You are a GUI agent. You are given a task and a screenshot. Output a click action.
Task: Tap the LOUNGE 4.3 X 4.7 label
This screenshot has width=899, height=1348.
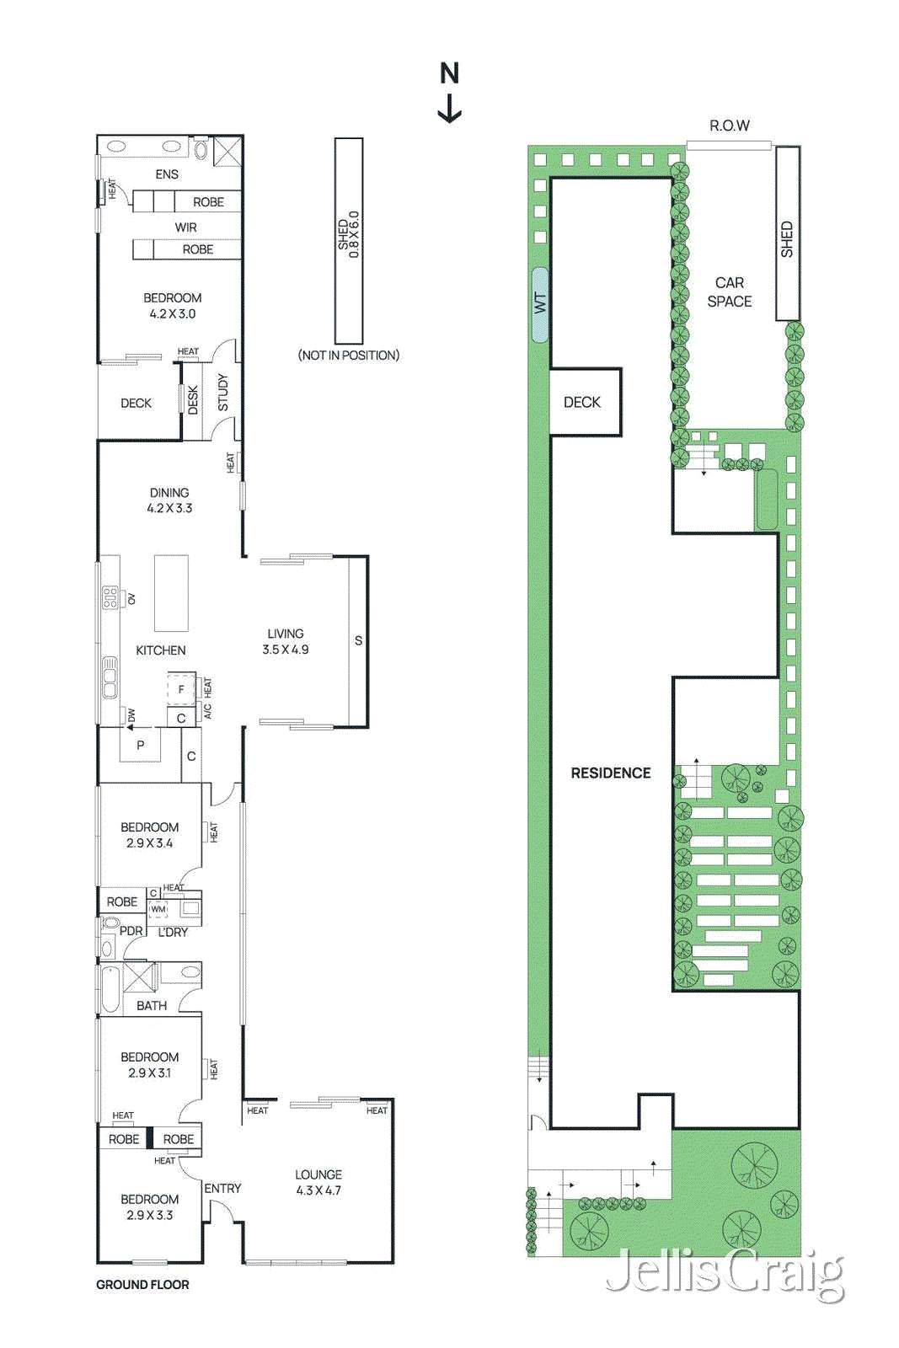tap(318, 1182)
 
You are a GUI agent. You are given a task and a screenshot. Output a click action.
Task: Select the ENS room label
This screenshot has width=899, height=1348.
tap(167, 174)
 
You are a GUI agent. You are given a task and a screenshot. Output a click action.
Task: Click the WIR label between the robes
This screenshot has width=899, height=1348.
tap(186, 227)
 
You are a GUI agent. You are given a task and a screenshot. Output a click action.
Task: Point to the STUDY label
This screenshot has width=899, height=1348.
tap(223, 393)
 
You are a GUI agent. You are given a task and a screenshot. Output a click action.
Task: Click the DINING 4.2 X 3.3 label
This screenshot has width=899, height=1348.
tap(169, 500)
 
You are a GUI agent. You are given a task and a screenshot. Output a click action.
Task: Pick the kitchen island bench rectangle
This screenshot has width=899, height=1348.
tap(171, 593)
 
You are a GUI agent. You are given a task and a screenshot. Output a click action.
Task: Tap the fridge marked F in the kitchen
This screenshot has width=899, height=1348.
tap(180, 689)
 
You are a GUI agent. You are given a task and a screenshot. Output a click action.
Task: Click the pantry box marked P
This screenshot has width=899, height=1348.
tap(140, 745)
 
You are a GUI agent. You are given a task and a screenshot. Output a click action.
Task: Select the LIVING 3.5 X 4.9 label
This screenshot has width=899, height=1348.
tap(286, 641)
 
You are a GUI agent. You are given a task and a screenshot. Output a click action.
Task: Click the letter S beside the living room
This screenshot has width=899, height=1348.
tap(359, 641)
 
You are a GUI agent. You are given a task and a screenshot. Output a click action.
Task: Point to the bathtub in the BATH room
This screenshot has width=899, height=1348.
tap(110, 990)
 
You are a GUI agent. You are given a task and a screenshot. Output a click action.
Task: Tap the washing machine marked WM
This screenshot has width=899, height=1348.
tap(158, 909)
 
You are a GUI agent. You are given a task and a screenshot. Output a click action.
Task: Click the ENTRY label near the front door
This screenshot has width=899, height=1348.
tap(222, 1188)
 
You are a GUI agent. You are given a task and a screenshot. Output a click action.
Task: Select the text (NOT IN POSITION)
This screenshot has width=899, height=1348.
tap(349, 356)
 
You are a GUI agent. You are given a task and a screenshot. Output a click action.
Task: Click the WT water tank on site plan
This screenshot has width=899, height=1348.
tap(540, 304)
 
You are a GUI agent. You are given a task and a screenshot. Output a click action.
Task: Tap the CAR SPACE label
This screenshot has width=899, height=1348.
tap(730, 292)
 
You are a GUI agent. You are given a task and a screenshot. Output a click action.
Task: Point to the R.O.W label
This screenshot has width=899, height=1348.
tap(730, 126)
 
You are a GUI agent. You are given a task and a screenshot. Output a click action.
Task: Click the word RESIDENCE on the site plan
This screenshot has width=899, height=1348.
tap(611, 773)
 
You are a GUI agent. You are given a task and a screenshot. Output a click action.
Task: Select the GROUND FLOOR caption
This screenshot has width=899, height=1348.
tap(142, 1285)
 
